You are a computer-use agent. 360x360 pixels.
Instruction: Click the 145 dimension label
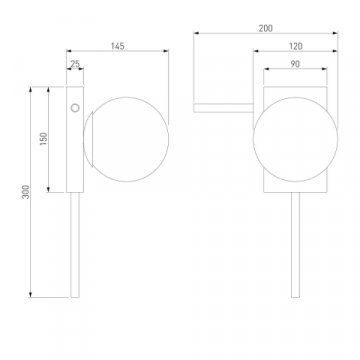pos(118,46)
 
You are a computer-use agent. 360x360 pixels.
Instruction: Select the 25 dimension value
pos(75,64)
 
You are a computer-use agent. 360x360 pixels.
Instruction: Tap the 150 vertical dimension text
pos(44,139)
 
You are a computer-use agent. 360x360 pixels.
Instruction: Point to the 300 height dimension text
pos(26,192)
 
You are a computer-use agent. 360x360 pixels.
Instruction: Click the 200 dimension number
pos(265,29)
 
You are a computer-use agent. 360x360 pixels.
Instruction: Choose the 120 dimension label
pos(296,46)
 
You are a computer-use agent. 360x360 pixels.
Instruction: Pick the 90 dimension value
pos(295,64)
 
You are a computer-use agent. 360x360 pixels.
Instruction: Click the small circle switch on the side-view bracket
pos(75,108)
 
